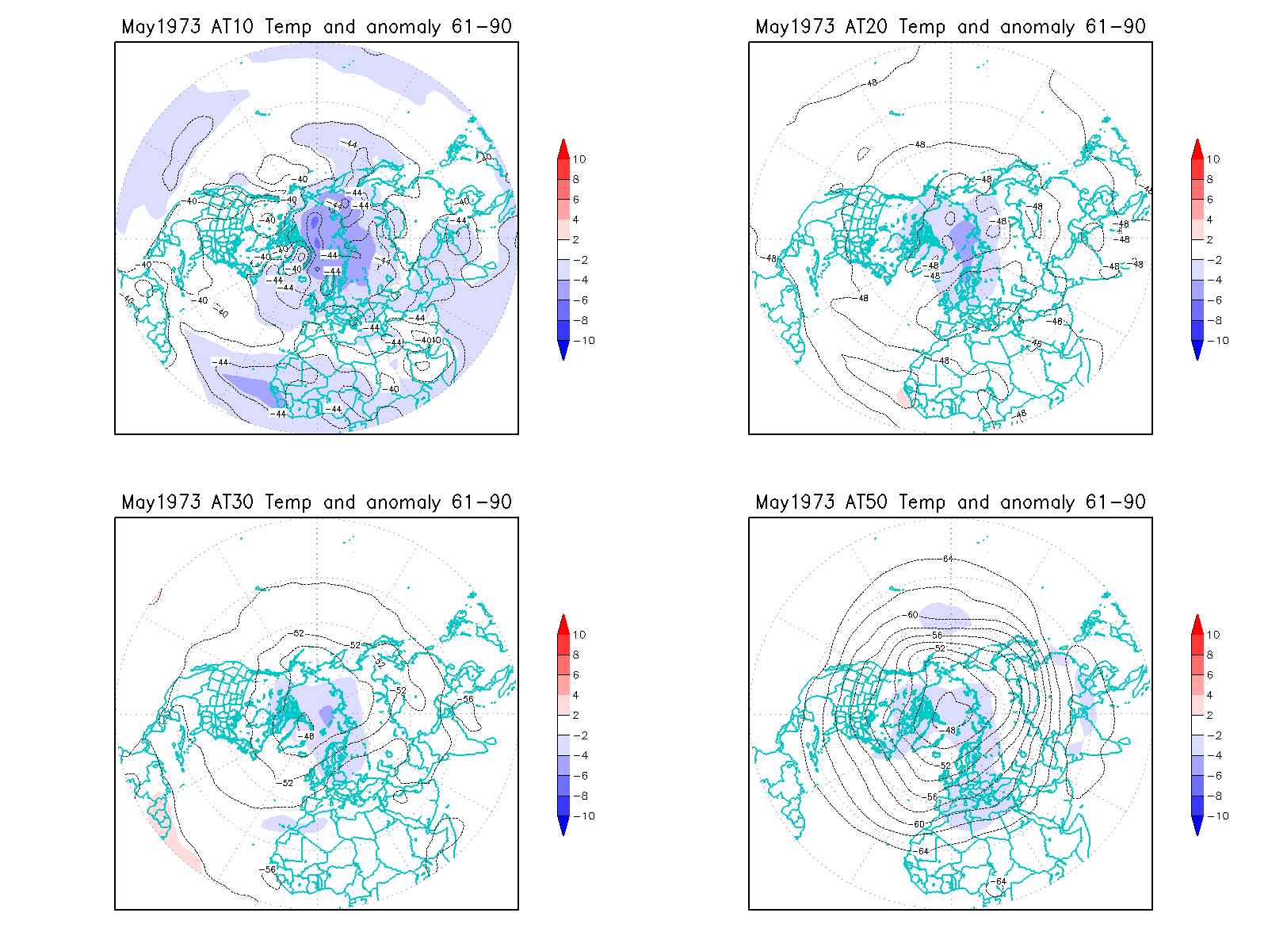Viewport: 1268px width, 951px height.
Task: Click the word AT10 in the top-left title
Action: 232,26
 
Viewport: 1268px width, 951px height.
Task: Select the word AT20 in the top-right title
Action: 866,26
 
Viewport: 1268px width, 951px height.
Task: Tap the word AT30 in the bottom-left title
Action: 232,502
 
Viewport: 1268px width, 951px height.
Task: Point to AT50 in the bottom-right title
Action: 866,502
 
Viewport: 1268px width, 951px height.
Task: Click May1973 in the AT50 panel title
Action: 795,502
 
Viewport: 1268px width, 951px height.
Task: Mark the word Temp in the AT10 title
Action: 288,26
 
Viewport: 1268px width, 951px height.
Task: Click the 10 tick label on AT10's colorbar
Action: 579,159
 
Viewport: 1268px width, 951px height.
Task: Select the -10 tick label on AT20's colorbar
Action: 1219,341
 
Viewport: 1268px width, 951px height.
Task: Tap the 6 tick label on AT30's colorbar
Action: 576,675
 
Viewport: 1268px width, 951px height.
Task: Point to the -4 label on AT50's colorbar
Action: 1215,755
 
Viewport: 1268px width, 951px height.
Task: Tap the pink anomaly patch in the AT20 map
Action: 904,397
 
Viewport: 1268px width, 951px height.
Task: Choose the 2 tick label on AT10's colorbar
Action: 576,239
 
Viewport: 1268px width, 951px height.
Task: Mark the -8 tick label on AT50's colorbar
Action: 1215,796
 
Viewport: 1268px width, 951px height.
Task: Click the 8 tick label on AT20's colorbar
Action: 1210,179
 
